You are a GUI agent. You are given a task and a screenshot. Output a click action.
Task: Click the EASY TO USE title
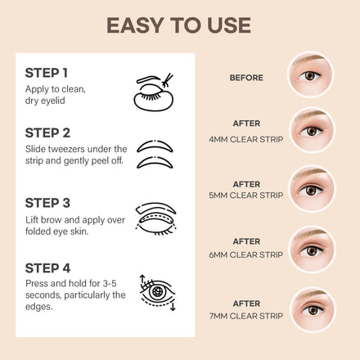click(178, 25)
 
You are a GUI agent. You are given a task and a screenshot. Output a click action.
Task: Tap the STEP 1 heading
click(47, 73)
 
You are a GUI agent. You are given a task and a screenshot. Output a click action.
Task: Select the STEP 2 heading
click(47, 133)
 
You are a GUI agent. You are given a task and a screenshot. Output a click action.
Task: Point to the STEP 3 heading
click(47, 203)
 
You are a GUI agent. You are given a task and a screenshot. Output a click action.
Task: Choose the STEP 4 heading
click(47, 268)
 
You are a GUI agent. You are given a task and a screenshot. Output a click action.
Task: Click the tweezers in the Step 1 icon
click(168, 80)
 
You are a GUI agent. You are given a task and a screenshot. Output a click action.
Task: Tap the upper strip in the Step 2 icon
click(155, 146)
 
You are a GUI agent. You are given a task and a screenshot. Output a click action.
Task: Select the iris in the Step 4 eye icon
click(157, 292)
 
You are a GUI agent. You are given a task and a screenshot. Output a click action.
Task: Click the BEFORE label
click(246, 78)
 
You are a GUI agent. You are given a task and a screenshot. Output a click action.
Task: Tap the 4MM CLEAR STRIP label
click(246, 139)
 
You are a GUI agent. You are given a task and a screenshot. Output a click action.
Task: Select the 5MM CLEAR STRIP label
click(246, 196)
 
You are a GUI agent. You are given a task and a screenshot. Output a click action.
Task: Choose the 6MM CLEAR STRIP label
click(246, 254)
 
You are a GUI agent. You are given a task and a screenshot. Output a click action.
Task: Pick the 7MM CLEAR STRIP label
click(246, 316)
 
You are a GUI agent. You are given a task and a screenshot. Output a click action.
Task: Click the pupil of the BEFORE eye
click(310, 76)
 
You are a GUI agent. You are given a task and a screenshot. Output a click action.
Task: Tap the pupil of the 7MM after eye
click(313, 310)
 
